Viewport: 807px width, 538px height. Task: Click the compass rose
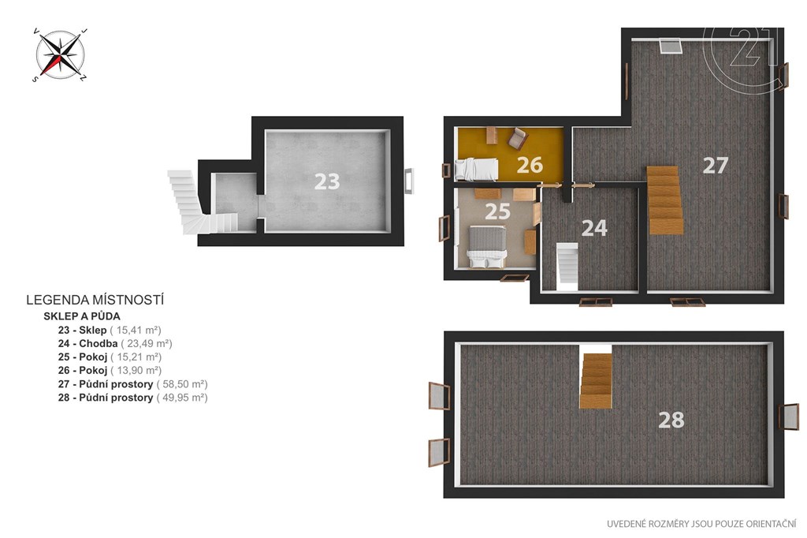60,54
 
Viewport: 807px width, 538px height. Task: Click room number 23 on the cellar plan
327,181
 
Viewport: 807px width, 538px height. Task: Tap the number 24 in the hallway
594,228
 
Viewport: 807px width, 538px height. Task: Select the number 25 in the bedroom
497,211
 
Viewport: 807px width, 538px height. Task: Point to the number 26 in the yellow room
530,165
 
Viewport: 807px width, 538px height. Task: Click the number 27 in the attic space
716,165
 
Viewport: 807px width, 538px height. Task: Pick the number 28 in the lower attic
671,420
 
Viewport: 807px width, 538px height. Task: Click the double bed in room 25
486,248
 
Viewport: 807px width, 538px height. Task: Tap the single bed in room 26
477,170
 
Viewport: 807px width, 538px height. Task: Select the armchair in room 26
517,138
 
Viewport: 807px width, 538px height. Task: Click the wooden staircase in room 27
665,200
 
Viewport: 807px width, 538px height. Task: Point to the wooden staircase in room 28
596,381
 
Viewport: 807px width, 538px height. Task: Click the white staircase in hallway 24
567,263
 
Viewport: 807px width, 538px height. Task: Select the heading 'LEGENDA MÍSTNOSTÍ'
95,300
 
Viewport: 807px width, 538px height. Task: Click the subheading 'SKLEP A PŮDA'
82,316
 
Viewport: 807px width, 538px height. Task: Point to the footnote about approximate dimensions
701,524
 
